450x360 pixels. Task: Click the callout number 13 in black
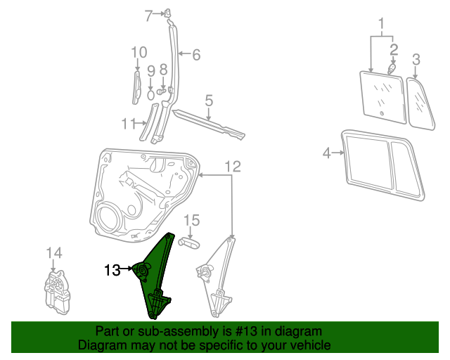click(x=112, y=270)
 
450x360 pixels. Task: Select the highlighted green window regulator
click(x=155, y=276)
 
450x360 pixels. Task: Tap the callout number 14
click(x=54, y=253)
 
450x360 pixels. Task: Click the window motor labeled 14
click(x=58, y=292)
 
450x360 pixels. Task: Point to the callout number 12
click(x=233, y=167)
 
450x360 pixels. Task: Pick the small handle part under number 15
click(x=189, y=244)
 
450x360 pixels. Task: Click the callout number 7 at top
click(x=148, y=15)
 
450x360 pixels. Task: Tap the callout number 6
click(x=196, y=55)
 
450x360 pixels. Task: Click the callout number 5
click(x=209, y=101)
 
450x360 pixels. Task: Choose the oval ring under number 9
click(x=151, y=95)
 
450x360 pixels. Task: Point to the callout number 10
click(x=139, y=53)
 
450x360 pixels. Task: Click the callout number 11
click(x=129, y=124)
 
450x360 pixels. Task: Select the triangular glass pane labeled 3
click(x=420, y=105)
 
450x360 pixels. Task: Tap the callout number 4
click(x=326, y=153)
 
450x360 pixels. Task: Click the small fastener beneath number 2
click(x=392, y=69)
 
